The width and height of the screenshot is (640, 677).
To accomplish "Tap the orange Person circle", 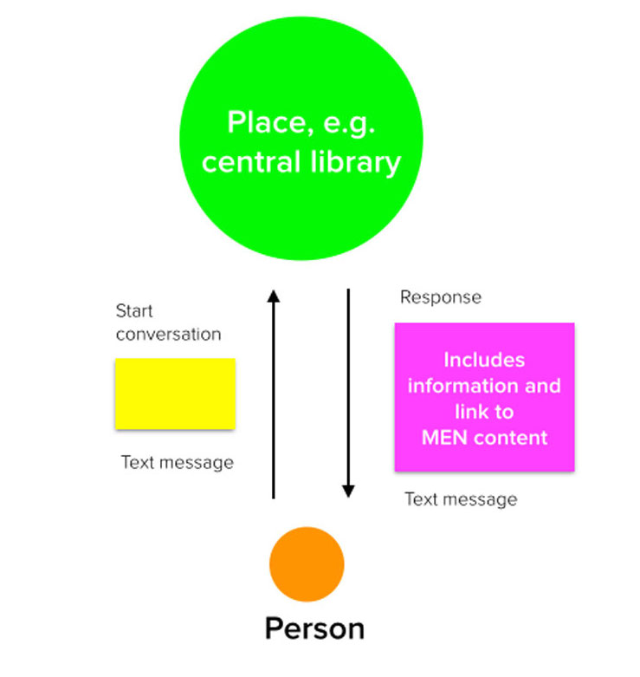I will (x=306, y=564).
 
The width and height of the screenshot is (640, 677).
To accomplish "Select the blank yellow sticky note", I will (x=175, y=394).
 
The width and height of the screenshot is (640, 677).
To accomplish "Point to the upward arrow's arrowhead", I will (x=274, y=296).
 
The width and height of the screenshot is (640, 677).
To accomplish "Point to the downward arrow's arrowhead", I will (x=348, y=491).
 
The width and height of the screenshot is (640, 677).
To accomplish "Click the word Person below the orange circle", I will (x=314, y=628).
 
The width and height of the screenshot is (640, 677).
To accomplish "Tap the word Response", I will (x=440, y=297).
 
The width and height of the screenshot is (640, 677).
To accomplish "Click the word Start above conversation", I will (x=134, y=311).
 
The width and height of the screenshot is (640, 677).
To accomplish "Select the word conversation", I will (x=168, y=334).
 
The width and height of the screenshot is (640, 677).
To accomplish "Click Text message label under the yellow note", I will (x=177, y=462).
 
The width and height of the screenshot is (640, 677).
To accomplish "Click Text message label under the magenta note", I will (x=461, y=499).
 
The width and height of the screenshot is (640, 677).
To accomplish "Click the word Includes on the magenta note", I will (x=484, y=359).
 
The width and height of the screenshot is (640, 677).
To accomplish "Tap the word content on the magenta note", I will (x=511, y=437).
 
